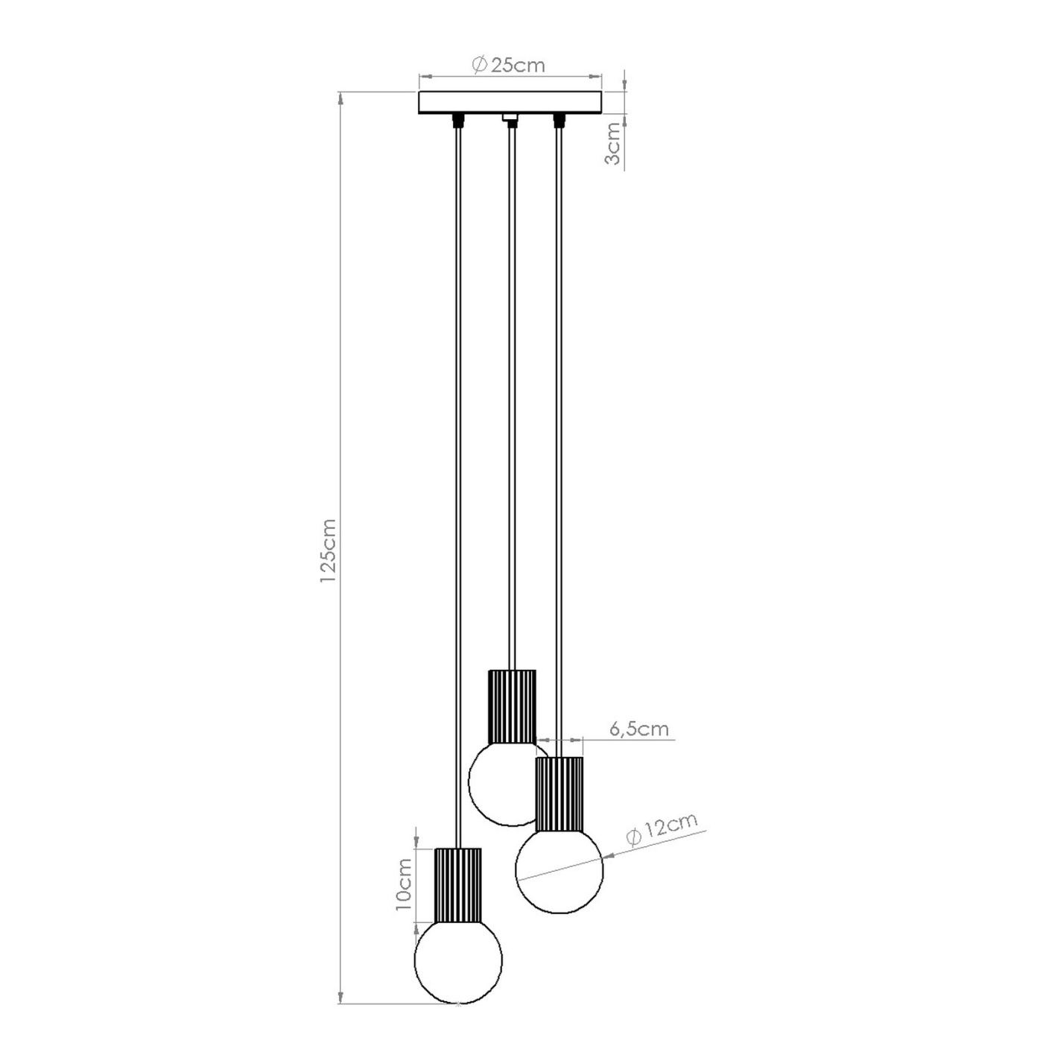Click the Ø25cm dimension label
(x=508, y=65)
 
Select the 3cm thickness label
(x=613, y=144)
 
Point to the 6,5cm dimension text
(x=639, y=729)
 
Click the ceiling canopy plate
(x=511, y=103)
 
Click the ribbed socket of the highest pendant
(x=512, y=706)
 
